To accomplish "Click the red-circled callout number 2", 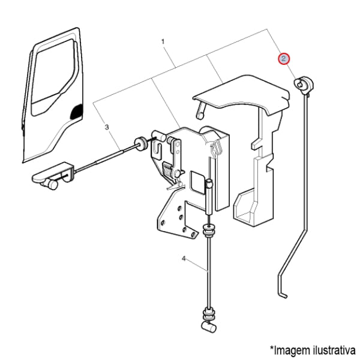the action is [284, 59].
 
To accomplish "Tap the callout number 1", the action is [163, 42].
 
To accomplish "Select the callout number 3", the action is [107, 127].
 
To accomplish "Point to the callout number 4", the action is [184, 259].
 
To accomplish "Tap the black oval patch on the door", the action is [77, 112].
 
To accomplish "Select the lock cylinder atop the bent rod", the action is [302, 84].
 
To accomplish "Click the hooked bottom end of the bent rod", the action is [283, 295].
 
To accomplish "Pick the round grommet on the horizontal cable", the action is [140, 143].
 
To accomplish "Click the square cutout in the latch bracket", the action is [197, 182].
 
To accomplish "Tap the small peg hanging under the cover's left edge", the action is [200, 110].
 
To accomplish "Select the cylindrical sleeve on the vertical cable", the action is [209, 197].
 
